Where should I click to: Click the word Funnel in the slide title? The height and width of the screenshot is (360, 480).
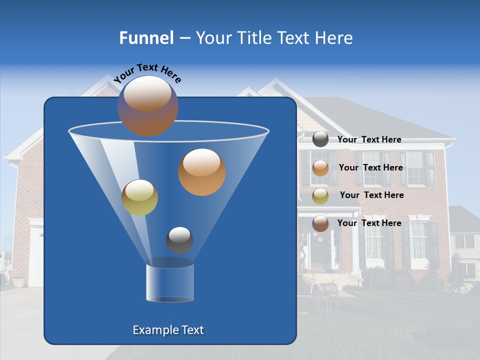point(146,38)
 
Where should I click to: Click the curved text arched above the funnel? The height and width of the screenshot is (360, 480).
point(147,73)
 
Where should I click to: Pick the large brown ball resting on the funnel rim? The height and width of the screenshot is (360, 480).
point(147,106)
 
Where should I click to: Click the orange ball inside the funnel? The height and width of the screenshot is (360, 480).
point(201,172)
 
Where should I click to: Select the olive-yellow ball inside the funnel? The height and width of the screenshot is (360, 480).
point(139,197)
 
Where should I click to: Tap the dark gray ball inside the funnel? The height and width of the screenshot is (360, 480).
point(179,240)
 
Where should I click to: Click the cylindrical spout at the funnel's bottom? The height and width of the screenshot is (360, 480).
point(169,282)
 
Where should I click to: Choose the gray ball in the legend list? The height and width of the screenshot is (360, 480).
point(320,139)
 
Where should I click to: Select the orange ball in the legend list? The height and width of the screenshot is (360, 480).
point(320,168)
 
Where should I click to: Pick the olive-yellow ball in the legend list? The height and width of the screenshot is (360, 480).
point(320,195)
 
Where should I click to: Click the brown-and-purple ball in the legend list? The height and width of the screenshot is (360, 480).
point(320,223)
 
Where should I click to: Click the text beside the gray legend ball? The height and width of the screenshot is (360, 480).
point(369,140)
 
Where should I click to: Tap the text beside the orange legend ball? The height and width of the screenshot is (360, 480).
point(370,168)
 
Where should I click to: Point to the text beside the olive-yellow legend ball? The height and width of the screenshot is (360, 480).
point(371,195)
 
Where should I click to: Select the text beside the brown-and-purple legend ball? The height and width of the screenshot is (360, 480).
point(369,223)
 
